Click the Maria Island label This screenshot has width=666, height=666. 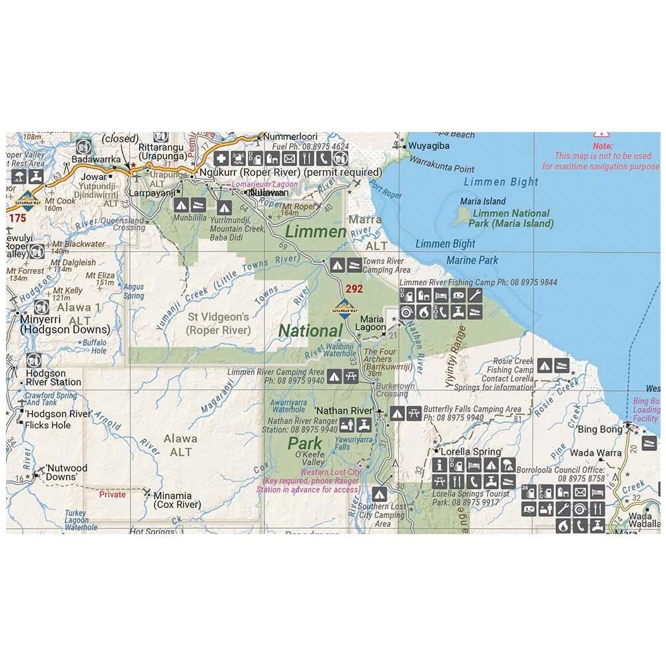click(x=483, y=201)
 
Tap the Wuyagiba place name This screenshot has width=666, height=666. click(x=430, y=146)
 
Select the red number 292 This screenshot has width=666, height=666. click(x=354, y=289)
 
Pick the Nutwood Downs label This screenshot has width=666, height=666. click(x=66, y=472)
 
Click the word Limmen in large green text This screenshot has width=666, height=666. click(x=316, y=232)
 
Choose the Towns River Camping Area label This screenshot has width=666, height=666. click(x=386, y=266)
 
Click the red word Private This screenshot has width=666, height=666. click(x=112, y=495)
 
